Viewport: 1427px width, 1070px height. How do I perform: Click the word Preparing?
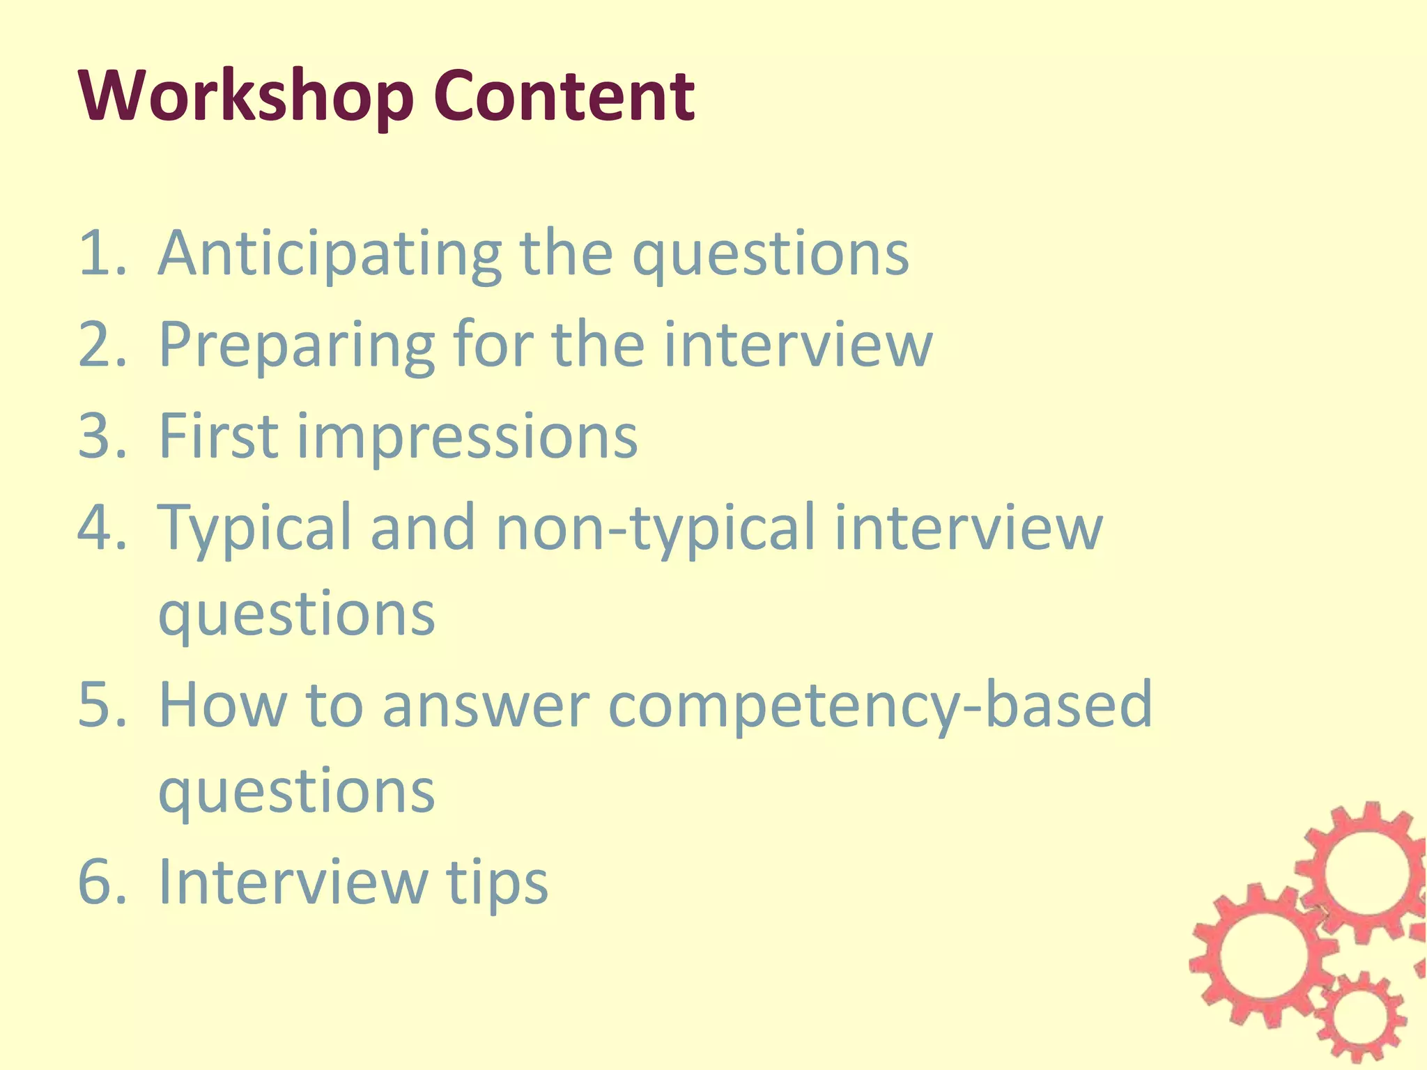297,345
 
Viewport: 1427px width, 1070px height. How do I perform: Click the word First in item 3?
219,435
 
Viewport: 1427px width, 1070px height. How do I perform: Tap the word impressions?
468,437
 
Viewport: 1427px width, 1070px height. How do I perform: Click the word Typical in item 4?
255,528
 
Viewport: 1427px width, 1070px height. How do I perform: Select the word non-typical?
654,528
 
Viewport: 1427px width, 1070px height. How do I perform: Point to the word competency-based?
880,706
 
